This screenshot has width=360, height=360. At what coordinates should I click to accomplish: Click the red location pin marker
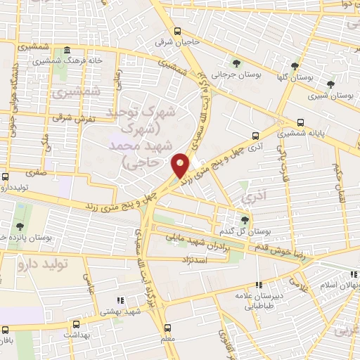(181, 165)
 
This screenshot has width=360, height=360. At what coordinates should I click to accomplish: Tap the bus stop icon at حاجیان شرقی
(176, 31)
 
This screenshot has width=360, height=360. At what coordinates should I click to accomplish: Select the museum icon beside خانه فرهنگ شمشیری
(67, 51)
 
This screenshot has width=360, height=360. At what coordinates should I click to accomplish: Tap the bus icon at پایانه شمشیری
(301, 120)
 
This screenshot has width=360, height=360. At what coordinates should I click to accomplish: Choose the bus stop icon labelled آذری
(255, 136)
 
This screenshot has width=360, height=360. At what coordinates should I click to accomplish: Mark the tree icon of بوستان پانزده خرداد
(19, 226)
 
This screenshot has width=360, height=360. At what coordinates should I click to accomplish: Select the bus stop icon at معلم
(167, 327)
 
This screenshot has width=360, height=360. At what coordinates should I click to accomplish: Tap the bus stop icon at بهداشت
(75, 325)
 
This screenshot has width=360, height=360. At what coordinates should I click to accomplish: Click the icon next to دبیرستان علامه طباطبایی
(259, 285)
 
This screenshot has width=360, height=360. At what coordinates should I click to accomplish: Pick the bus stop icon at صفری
(6, 176)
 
